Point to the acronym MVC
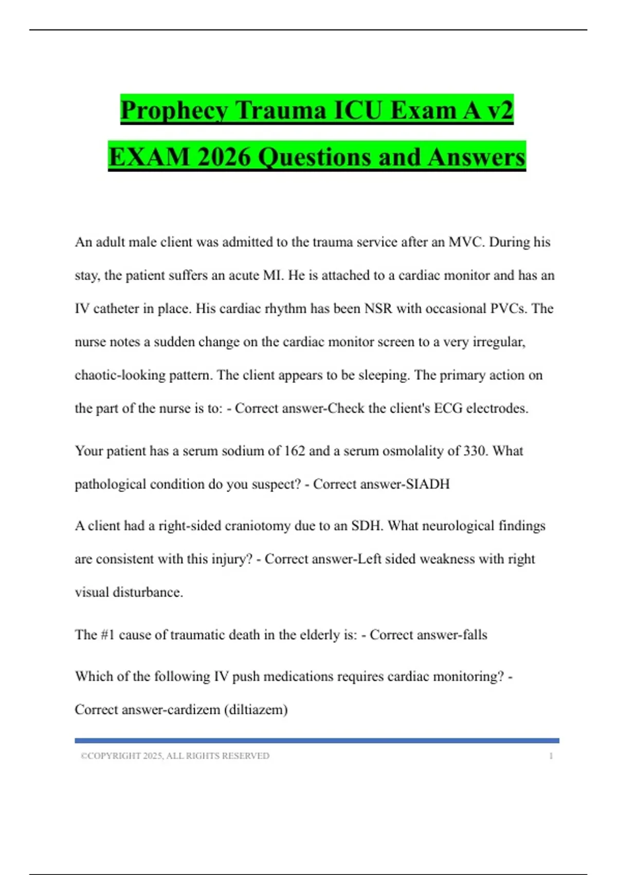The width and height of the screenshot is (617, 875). (x=466, y=242)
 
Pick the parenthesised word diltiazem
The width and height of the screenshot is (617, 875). (x=256, y=709)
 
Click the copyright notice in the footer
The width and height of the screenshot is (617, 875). (x=175, y=756)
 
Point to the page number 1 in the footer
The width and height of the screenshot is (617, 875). (x=551, y=756)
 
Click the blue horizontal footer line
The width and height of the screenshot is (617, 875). (x=317, y=741)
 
